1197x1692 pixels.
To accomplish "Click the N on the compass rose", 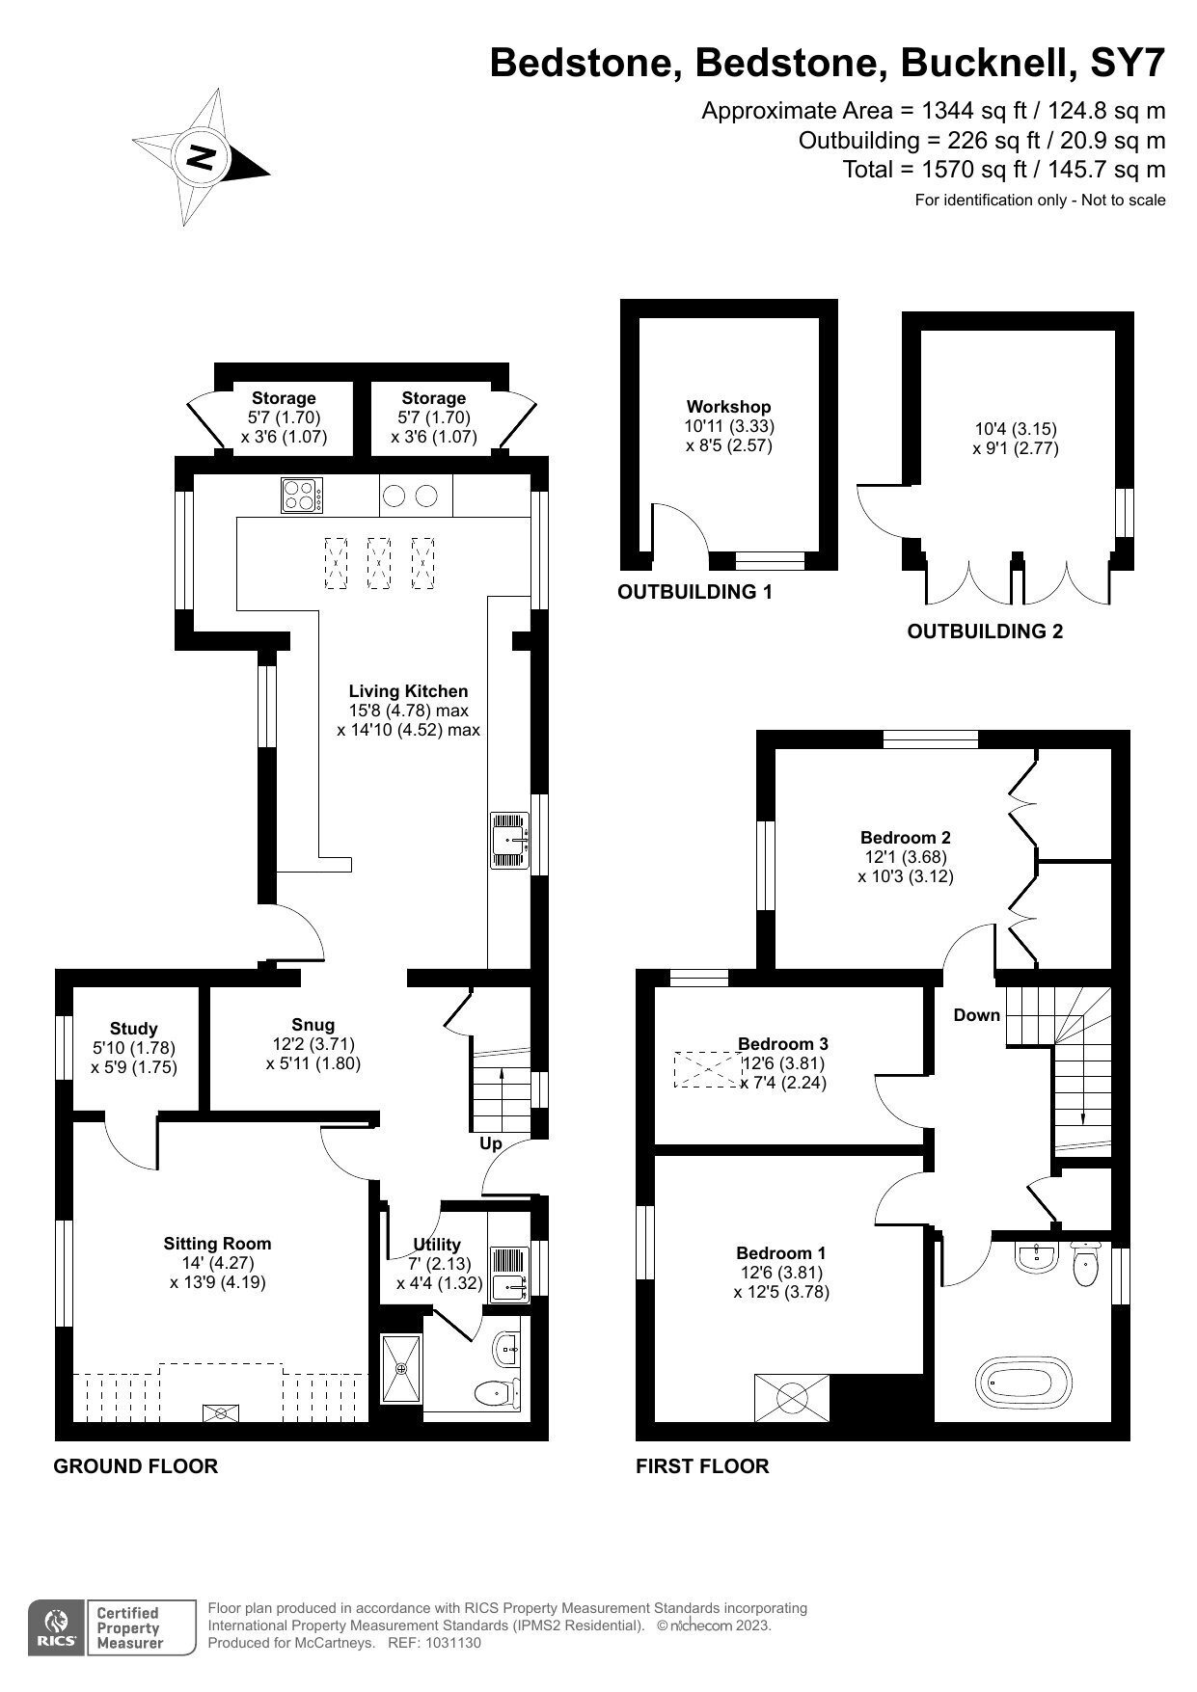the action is [x=202, y=156].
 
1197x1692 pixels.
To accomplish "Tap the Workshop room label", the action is [x=728, y=407].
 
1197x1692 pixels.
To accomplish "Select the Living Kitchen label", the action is [x=408, y=691].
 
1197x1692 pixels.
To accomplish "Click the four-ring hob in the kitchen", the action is [x=302, y=496].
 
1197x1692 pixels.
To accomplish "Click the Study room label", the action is [x=133, y=1029].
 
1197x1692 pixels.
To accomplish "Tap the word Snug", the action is [x=313, y=1025].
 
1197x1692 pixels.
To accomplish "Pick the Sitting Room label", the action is [x=217, y=1244].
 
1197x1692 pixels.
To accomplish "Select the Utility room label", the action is [x=437, y=1245].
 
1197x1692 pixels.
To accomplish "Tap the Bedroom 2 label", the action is [x=906, y=837].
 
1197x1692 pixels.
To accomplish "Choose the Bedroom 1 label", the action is [x=780, y=1253].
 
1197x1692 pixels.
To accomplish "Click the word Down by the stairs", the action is [x=976, y=1014].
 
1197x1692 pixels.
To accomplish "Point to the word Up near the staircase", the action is [x=491, y=1143].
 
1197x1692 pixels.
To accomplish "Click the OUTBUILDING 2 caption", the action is [x=985, y=631].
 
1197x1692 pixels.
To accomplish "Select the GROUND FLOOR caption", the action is [x=135, y=1466].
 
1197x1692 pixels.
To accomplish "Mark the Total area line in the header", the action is [x=1004, y=170].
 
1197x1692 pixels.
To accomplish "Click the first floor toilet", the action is [x=1085, y=1265].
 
